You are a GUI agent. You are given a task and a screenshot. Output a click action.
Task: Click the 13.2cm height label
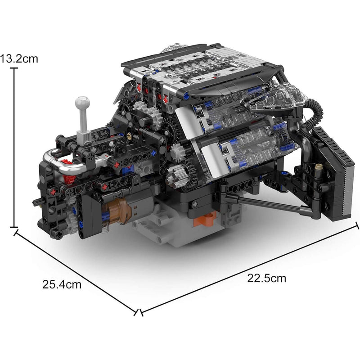[x=18, y=59]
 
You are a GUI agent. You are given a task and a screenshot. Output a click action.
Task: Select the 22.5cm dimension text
[x=266, y=278]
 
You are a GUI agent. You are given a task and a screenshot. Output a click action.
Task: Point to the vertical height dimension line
[x=15, y=148]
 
